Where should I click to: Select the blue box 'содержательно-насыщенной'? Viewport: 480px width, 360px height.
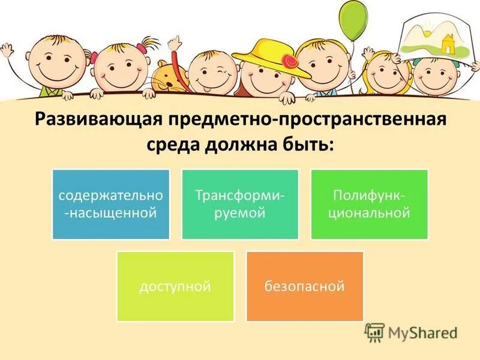(111, 204)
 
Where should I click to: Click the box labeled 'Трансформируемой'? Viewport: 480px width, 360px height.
(240, 204)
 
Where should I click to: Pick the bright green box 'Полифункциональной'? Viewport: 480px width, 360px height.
(369, 204)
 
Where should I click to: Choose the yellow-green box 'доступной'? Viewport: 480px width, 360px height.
(175, 286)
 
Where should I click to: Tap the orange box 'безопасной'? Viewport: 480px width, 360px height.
(305, 286)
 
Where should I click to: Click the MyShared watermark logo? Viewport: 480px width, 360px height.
(411, 332)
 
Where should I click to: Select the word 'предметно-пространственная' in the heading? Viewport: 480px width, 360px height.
(302, 119)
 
